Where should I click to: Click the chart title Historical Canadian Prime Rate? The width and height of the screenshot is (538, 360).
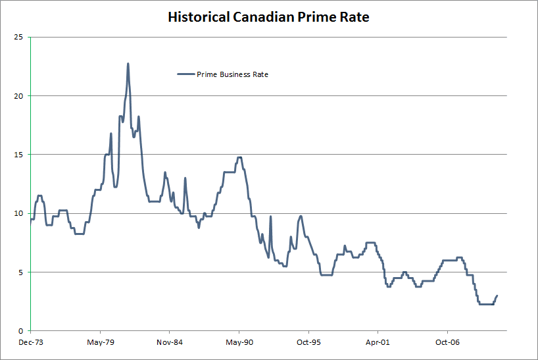click(x=268, y=16)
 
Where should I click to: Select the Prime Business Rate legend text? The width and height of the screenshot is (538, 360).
click(x=232, y=74)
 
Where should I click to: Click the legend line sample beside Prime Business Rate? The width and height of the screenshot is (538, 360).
click(x=186, y=74)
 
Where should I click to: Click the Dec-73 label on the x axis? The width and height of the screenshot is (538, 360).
click(x=30, y=342)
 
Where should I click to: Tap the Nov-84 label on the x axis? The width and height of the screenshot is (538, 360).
click(x=169, y=342)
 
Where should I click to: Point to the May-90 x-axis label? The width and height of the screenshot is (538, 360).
click(x=239, y=342)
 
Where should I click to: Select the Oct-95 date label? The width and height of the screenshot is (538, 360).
click(x=308, y=342)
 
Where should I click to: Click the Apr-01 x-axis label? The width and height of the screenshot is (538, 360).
click(x=378, y=342)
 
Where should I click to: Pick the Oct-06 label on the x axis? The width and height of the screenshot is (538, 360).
click(x=447, y=342)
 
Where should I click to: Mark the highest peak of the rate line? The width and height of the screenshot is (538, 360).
click(x=128, y=64)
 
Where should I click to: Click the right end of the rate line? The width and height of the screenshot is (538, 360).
click(x=497, y=296)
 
